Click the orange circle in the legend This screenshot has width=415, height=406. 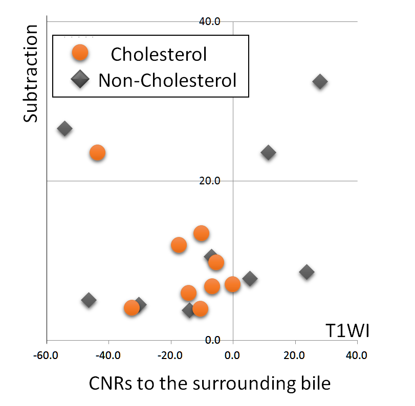80,53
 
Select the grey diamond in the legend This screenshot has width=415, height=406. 80,80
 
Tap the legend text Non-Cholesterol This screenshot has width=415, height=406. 167,80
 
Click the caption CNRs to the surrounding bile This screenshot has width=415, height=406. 210,384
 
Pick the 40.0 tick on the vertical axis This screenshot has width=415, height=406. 210,21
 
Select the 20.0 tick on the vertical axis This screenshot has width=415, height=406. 210,181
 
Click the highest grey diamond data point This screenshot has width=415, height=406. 320,82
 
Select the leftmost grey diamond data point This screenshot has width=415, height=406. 64,129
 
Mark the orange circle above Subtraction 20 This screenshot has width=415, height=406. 97,153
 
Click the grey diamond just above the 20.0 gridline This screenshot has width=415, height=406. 268,152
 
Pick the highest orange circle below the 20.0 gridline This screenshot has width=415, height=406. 202,233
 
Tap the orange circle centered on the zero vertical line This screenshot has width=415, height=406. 232,284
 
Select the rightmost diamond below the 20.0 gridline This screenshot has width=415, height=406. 307,272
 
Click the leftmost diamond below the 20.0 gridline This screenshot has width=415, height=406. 89,300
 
